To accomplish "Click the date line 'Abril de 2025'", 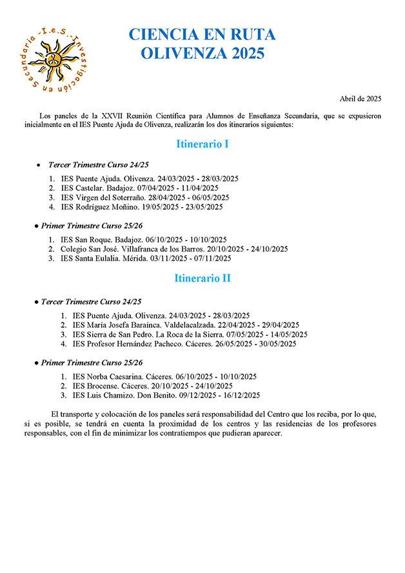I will coord(361,99).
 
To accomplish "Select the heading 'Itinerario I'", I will coord(202,144).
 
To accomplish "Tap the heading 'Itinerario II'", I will coord(202,278).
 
